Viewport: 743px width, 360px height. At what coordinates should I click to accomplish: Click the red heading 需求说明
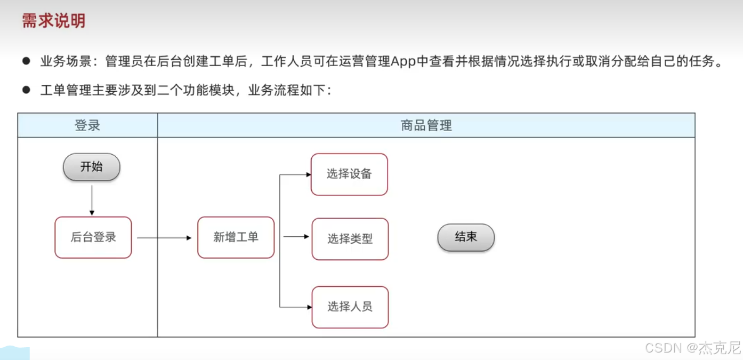(53, 21)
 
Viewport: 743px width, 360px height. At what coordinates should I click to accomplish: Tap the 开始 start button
(92, 167)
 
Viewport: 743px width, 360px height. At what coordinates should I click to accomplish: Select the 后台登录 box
(93, 237)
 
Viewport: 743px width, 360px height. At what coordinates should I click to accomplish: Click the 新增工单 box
(236, 237)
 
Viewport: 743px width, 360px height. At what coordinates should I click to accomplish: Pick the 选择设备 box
(349, 174)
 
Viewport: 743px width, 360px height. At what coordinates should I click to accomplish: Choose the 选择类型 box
(350, 239)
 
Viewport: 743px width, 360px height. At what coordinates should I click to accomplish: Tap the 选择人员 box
(350, 307)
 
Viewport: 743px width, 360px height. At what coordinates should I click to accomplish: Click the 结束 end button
(466, 237)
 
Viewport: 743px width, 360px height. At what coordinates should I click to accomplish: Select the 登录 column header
(87, 125)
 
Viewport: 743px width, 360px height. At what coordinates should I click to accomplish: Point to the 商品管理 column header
(426, 125)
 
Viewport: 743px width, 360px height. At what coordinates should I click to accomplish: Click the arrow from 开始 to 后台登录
(92, 200)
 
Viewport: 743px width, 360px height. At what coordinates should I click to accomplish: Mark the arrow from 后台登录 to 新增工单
(164, 238)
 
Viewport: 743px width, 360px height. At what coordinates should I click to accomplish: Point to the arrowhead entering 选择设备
(308, 174)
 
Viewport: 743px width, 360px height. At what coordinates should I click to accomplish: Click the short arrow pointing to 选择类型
(296, 236)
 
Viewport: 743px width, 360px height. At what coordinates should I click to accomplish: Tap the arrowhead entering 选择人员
(309, 307)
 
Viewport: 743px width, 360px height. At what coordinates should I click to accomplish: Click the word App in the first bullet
(403, 61)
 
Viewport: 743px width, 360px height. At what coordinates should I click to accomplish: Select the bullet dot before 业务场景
(26, 61)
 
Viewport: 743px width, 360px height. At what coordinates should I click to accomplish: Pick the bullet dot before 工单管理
(26, 90)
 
